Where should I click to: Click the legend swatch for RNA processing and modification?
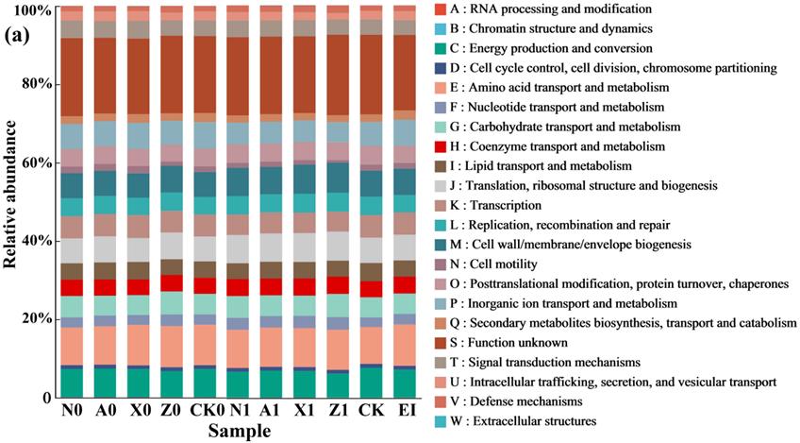[x=440, y=9]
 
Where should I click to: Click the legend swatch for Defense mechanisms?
[x=440, y=400]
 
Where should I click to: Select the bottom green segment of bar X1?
[x=304, y=383]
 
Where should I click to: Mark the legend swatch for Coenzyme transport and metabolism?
[x=440, y=146]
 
